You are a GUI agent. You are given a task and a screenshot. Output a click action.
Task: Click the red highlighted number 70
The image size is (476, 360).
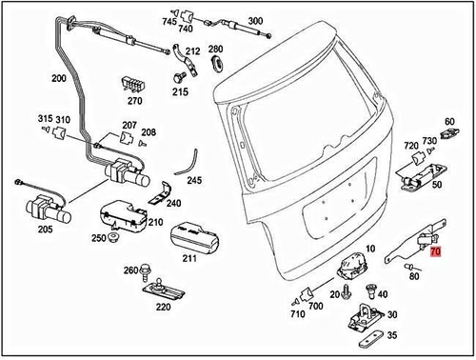(x=436, y=254)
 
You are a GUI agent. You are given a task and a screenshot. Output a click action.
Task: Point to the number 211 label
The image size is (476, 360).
(x=188, y=258)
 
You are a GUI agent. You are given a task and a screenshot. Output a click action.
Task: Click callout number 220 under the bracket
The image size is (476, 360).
(x=163, y=308)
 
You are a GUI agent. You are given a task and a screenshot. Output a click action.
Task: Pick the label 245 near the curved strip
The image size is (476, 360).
(x=195, y=180)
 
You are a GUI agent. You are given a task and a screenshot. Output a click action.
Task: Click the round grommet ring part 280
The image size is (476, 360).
(x=216, y=65)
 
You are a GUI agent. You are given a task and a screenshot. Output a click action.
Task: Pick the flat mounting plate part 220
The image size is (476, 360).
(x=163, y=289)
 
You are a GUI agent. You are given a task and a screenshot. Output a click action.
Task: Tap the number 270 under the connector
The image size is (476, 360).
(x=134, y=100)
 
